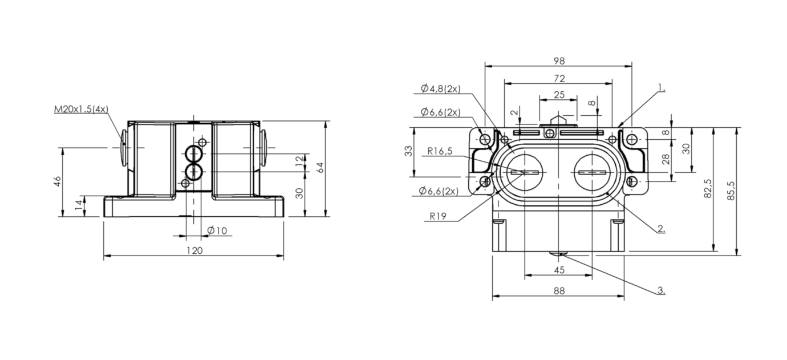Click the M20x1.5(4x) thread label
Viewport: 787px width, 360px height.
pyautogui.click(x=81, y=110)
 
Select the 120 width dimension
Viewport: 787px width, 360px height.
pyautogui.click(x=194, y=250)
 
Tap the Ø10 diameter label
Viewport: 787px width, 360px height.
pyautogui.click(x=217, y=230)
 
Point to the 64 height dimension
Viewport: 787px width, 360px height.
pyautogui.click(x=320, y=167)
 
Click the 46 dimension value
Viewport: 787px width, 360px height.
pyautogui.click(x=57, y=181)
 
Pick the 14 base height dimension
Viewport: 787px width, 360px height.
pyautogui.click(x=79, y=204)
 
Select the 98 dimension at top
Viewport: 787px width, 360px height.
pyautogui.click(x=559, y=61)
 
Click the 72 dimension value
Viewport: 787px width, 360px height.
pyautogui.click(x=559, y=78)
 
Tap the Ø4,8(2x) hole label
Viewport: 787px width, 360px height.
pyautogui.click(x=441, y=88)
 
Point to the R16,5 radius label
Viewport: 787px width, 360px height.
pyautogui.click(x=440, y=151)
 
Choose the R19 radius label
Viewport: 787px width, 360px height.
pyautogui.click(x=438, y=216)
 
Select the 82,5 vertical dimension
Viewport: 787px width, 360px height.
pyautogui.click(x=708, y=189)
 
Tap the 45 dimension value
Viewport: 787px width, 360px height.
pyautogui.click(x=559, y=270)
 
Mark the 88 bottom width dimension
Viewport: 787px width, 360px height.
pyautogui.click(x=559, y=291)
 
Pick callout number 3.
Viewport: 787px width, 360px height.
pyautogui.click(x=661, y=291)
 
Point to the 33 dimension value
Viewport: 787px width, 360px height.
pyautogui.click(x=408, y=152)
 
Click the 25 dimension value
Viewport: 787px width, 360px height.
pyautogui.click(x=559, y=95)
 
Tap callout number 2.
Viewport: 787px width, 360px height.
pyautogui.click(x=661, y=229)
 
